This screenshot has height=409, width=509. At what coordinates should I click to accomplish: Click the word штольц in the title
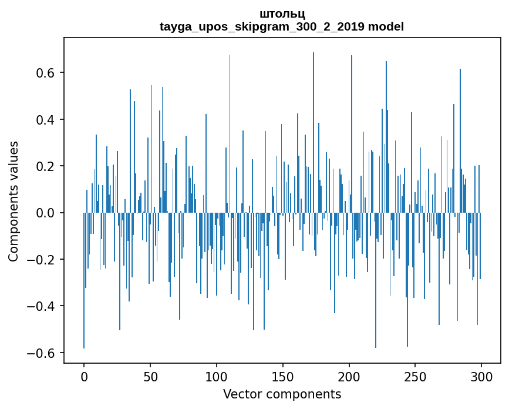[282, 14]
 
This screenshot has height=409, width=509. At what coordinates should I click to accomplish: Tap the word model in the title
[386, 26]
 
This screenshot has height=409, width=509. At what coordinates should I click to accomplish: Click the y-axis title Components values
[14, 201]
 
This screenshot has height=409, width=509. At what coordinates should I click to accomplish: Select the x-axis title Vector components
[282, 394]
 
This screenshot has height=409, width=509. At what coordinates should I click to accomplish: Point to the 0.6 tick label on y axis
[43, 73]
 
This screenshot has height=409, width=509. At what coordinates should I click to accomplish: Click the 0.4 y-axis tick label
[43, 120]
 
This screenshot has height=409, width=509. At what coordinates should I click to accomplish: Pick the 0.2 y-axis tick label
[43, 166]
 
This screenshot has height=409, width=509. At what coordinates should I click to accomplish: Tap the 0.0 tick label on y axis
[43, 213]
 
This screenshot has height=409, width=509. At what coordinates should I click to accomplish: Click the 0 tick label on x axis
[84, 376]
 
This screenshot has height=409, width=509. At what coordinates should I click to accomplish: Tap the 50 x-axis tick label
[150, 376]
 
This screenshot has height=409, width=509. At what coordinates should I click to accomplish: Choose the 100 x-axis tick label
[217, 376]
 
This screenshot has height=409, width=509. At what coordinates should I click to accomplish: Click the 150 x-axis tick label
[283, 376]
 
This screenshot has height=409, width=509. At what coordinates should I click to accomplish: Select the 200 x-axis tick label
[349, 376]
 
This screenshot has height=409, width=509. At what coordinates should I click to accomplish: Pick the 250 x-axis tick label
[416, 376]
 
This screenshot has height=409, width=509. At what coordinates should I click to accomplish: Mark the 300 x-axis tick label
[481, 376]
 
